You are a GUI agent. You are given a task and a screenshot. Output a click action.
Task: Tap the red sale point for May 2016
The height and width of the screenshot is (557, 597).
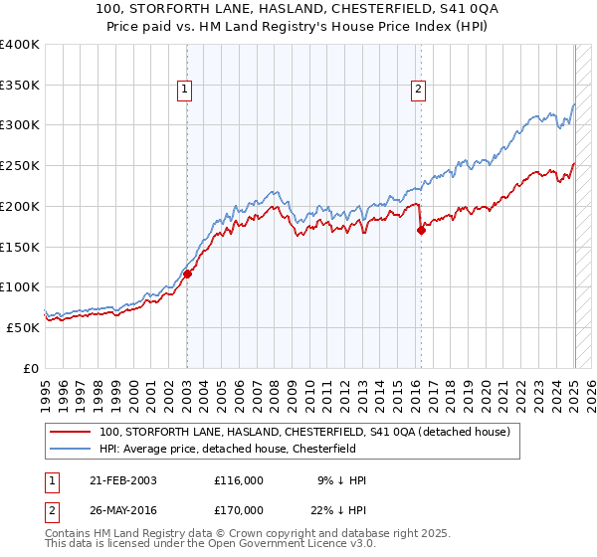pos(421,230)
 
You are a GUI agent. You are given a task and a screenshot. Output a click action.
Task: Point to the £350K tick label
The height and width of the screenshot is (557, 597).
pos(20,85)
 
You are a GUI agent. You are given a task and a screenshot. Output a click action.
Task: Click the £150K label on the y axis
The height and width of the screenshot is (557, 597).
pos(20,247)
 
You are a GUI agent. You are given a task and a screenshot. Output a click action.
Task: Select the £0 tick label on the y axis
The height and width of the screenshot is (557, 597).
pos(31,368)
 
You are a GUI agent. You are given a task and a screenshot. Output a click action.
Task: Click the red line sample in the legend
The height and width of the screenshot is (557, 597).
pos(70,432)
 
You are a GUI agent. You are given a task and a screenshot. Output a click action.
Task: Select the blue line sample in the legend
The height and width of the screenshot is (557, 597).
pos(70,450)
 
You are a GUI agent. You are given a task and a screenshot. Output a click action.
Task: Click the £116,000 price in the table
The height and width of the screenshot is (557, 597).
pos(239,480)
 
